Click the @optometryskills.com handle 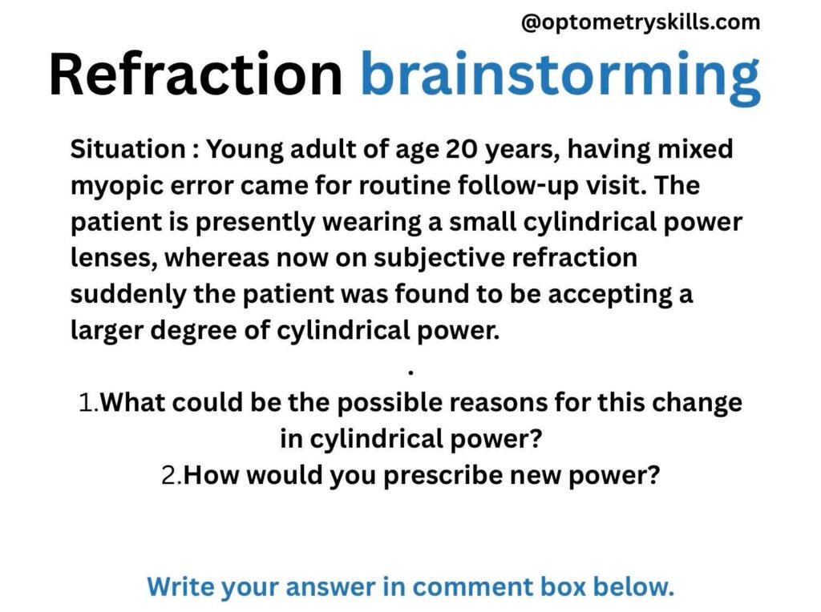641,22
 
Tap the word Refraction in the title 196,74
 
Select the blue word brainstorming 560,78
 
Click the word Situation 127,149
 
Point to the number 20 462,149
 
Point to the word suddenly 128,295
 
